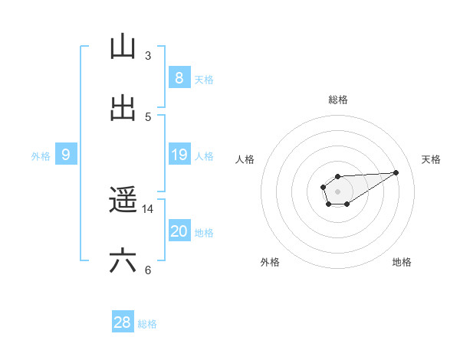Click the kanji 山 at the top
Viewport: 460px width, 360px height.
coord(123,47)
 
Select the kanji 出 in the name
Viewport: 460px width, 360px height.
coord(123,108)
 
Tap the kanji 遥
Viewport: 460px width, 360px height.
coord(123,201)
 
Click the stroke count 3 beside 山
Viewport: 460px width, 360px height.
coord(148,56)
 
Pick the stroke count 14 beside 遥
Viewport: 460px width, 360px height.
coord(148,209)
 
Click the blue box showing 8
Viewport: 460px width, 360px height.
coord(179,78)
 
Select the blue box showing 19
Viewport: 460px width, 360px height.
coord(179,155)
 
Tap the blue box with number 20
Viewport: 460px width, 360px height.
coord(179,231)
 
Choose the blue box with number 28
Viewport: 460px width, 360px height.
coord(123,322)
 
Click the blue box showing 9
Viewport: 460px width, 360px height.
coord(66,155)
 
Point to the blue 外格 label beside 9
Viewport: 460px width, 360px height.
coord(41,156)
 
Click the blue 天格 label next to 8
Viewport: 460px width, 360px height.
coord(204,80)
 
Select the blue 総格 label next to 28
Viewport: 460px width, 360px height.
coord(147,324)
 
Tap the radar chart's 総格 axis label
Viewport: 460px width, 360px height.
coord(337,100)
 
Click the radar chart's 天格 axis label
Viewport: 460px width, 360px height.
coord(431,159)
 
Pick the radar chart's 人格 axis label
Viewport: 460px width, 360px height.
coord(245,159)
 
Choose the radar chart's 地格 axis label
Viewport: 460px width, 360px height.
coord(402,262)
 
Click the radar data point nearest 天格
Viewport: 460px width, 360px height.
coord(396,172)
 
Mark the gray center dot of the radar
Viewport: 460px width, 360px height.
coord(337,191)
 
